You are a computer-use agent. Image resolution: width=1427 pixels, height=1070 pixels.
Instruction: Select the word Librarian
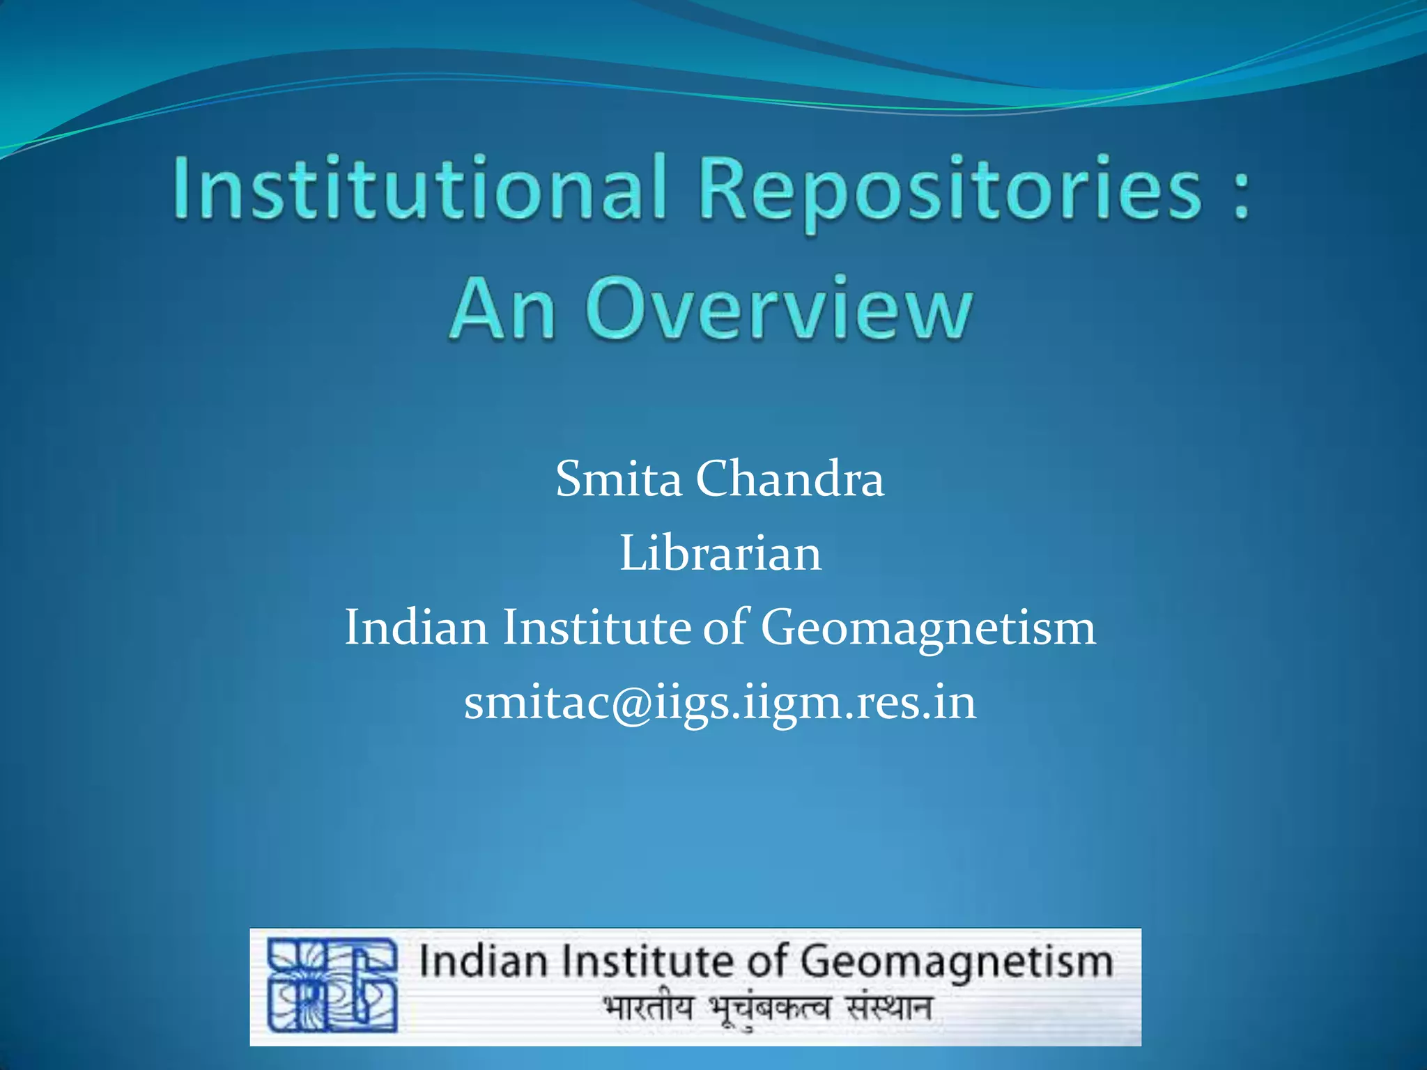pos(720,554)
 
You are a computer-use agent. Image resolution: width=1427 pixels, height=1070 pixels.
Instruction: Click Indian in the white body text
pos(416,627)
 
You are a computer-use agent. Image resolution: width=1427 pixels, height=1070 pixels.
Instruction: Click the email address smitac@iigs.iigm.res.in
pos(720,702)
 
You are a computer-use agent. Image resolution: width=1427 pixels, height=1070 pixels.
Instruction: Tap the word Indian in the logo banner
pos(483,962)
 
